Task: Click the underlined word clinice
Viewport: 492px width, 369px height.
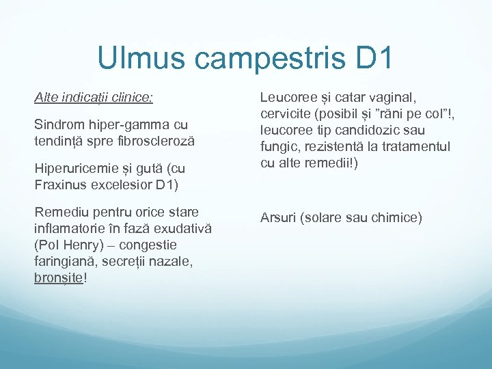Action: (134, 98)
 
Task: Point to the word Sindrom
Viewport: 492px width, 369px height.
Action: (57, 124)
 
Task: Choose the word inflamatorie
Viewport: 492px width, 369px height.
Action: (66, 227)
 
